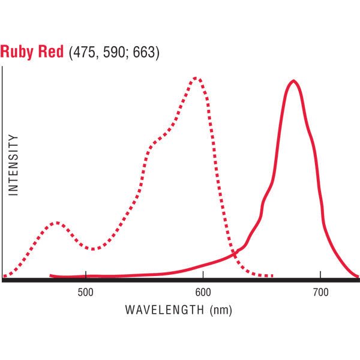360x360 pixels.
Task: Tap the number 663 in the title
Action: (142, 53)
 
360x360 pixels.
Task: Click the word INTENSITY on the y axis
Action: (14, 164)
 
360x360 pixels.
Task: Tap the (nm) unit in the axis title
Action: (218, 310)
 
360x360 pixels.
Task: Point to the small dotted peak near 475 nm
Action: (56, 223)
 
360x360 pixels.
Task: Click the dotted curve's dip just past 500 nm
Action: (93, 248)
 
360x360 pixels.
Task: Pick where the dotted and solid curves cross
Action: (233, 254)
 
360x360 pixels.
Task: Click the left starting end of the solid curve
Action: (51, 275)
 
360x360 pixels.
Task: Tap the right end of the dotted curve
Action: (273, 277)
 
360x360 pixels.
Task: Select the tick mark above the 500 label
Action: (86, 277)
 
